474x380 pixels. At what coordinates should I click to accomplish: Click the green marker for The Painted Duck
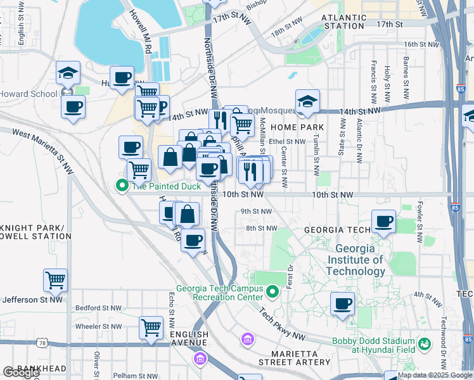(121, 186)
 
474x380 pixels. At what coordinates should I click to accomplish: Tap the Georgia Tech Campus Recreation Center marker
(272, 292)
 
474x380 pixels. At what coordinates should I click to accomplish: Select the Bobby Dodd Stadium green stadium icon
(425, 344)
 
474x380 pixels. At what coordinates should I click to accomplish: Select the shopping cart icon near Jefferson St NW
(56, 279)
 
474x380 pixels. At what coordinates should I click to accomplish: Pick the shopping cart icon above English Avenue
(151, 327)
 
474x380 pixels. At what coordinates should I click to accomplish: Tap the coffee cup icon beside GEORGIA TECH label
(383, 221)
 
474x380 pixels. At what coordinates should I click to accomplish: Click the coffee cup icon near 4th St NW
(342, 303)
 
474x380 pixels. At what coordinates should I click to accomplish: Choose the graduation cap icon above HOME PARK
(307, 101)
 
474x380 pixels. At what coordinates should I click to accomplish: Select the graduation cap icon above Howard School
(68, 73)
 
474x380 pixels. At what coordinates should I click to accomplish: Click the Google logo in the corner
(20, 372)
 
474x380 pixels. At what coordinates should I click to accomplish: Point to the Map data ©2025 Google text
(435, 375)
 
